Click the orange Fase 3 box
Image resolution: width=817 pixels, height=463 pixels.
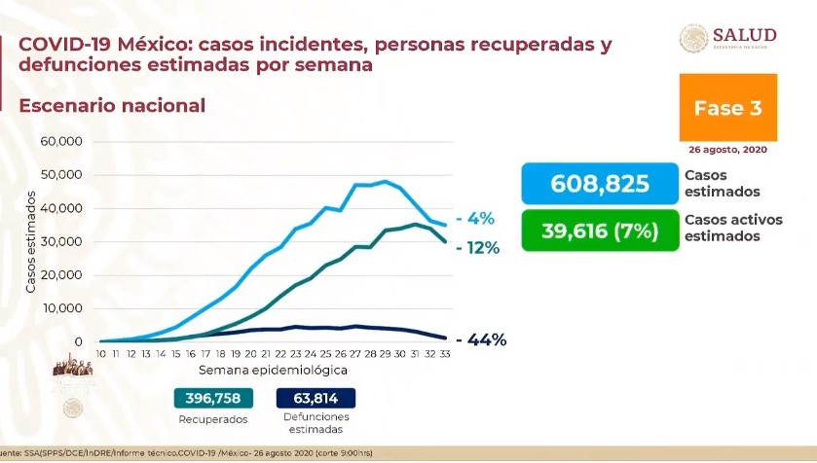point(728,107)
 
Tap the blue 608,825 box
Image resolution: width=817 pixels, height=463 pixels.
point(598,184)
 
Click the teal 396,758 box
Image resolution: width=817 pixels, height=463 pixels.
point(213,398)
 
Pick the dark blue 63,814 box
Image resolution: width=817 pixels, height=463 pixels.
point(316,398)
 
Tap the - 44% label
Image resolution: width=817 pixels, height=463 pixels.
point(480,340)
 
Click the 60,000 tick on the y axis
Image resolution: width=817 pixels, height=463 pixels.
point(61,142)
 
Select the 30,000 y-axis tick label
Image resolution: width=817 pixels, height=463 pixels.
point(61,242)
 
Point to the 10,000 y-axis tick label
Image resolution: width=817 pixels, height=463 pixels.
point(61,308)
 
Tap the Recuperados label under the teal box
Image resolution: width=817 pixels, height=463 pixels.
point(213,419)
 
